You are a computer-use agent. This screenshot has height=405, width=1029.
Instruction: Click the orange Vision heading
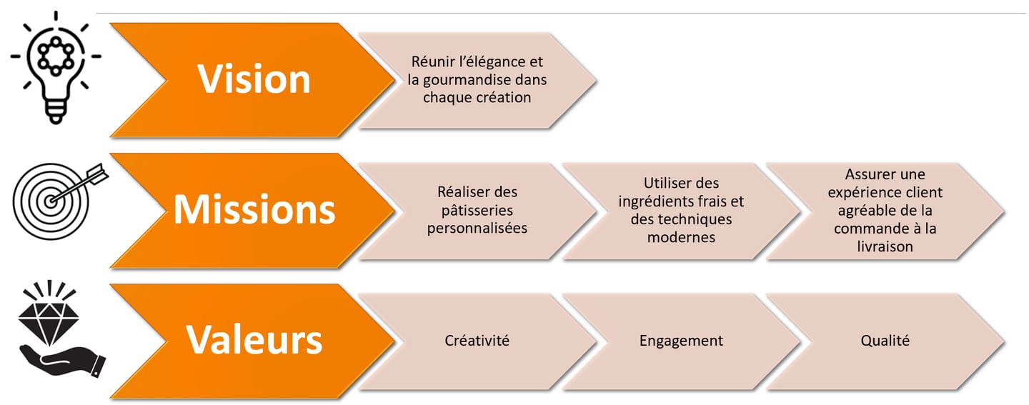(x=254, y=79)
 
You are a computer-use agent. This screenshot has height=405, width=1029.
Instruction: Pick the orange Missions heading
(x=254, y=209)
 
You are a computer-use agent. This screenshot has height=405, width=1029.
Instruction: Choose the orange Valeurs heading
(x=254, y=340)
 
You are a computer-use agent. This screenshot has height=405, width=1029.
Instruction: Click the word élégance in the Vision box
(x=497, y=62)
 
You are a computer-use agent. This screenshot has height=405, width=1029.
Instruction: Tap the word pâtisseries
(x=477, y=211)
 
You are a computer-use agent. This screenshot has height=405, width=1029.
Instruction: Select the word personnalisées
(x=477, y=229)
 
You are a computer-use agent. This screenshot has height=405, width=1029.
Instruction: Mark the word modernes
(x=681, y=237)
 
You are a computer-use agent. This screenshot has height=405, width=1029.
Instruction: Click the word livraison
(x=884, y=246)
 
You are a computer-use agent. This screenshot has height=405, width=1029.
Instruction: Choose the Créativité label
(x=477, y=341)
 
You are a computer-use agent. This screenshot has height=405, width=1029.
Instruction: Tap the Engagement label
(x=681, y=341)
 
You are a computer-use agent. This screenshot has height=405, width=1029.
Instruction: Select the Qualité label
(x=885, y=341)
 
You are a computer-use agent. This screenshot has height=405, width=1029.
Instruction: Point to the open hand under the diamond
(x=61, y=356)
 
